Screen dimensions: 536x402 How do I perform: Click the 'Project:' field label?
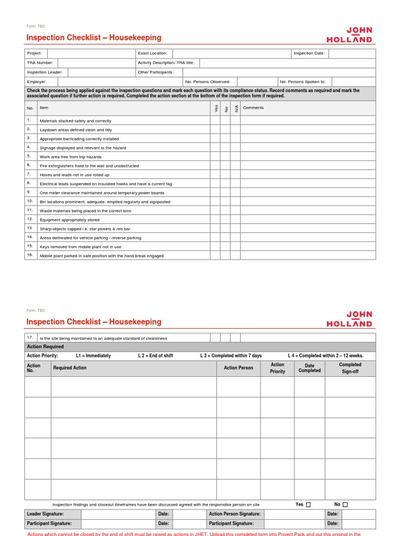pos(34,53)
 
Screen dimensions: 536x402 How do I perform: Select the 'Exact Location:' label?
pos(152,53)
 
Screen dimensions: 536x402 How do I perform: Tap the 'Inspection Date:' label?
pos(309,53)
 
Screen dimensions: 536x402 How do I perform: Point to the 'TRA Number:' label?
pos(40,63)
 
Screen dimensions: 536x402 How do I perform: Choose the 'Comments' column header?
pos(253,108)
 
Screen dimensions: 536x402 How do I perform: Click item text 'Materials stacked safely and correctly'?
pos(75,121)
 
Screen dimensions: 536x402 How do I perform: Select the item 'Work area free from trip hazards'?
pos(71,157)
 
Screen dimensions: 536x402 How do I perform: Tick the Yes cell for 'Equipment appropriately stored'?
pos(215,220)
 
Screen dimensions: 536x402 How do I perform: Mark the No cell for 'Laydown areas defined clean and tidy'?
pos(225,130)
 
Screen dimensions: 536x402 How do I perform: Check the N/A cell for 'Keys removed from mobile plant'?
pos(236,247)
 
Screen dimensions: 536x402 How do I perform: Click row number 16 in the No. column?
pos(30,255)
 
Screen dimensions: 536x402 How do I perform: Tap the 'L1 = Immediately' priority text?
pos(93,356)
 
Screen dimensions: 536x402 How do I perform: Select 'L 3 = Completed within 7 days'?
pos(231,356)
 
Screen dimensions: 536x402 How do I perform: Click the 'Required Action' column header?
pos(70,368)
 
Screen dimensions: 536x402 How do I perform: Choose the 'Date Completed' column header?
pos(309,368)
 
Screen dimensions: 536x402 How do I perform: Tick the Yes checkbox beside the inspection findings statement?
pos(308,505)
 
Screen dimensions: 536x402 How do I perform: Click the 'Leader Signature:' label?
pos(44,514)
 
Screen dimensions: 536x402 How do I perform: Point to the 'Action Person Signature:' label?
pos(234,514)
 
